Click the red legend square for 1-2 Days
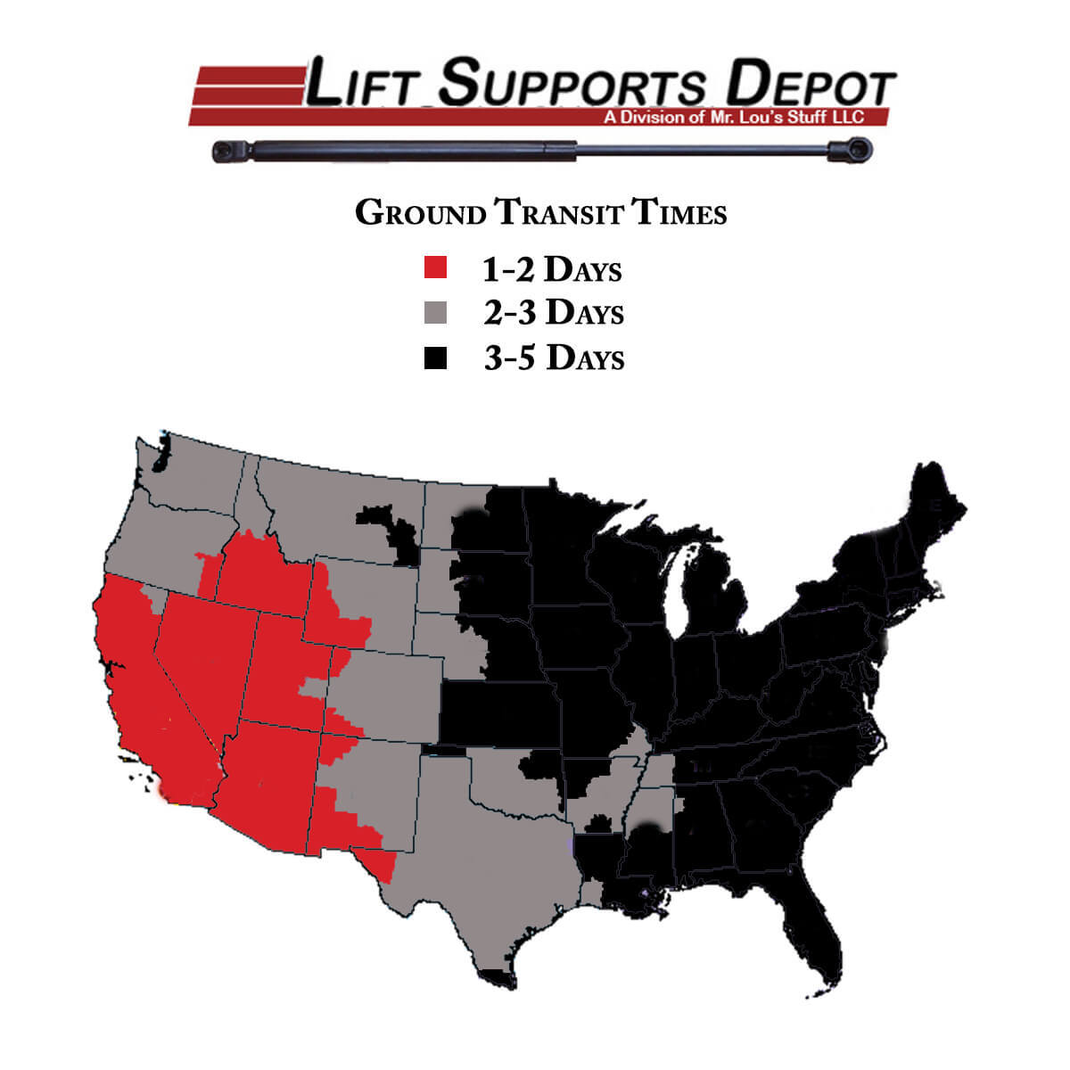click(435, 267)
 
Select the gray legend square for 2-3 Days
click(435, 312)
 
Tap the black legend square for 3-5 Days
click(435, 358)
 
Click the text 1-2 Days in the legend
click(552, 268)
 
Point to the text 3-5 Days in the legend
click(554, 358)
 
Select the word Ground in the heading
click(420, 213)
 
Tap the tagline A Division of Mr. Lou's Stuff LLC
click(733, 117)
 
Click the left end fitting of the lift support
click(230, 150)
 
